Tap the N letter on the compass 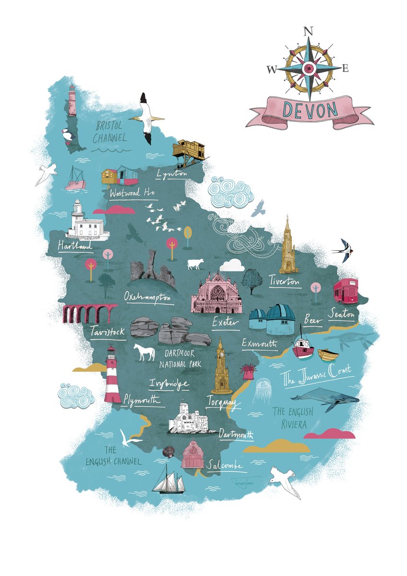(x=308, y=32)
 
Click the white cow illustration (x=195, y=264)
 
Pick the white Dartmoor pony (x=144, y=352)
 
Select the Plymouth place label (x=141, y=400)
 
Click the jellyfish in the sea (x=263, y=388)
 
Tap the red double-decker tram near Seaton (x=346, y=291)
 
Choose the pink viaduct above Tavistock (x=89, y=313)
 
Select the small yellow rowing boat (x=328, y=355)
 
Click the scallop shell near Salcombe (x=168, y=452)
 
